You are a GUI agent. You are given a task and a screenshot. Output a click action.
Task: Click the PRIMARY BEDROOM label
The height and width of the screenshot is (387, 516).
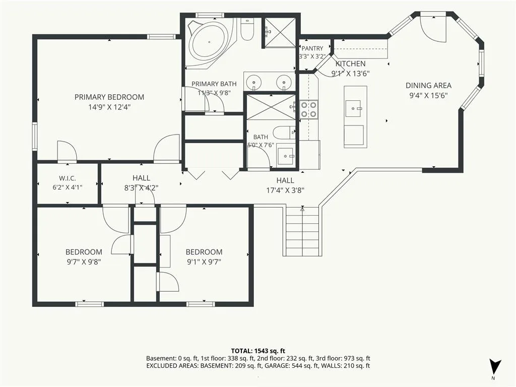point(109,97)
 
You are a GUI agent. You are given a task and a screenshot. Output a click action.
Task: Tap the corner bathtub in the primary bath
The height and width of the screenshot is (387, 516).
point(210,43)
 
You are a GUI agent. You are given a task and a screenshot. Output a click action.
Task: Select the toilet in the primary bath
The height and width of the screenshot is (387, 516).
point(247,29)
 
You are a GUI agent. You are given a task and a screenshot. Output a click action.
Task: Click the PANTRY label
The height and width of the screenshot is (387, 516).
point(312,48)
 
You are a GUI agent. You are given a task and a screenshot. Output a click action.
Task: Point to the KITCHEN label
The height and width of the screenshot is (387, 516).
point(351,63)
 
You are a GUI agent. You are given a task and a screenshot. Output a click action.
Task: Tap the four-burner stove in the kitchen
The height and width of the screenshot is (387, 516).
point(309,109)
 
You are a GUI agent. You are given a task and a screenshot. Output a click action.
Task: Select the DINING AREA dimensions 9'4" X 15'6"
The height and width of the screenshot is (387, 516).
point(428,96)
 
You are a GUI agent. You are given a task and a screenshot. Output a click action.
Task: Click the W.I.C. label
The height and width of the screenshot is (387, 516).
point(68,178)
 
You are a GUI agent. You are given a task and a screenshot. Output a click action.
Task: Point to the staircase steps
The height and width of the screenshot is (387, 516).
point(302,231)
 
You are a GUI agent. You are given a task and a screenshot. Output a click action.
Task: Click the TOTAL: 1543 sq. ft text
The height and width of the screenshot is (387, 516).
point(257,351)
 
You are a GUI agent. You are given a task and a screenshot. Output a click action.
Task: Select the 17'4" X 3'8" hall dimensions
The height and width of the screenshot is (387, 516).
point(285,190)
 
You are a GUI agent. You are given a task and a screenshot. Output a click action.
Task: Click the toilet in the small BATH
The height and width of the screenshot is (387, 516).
point(285,133)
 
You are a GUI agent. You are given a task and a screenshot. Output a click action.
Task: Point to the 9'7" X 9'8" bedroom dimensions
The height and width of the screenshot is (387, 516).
point(84,262)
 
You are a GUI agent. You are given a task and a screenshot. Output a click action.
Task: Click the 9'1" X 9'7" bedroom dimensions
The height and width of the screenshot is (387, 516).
point(204,262)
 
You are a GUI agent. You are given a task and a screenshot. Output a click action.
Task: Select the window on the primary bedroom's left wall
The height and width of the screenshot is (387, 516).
point(35,136)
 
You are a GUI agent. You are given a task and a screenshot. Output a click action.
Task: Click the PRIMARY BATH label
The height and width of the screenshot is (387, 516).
point(214,84)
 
